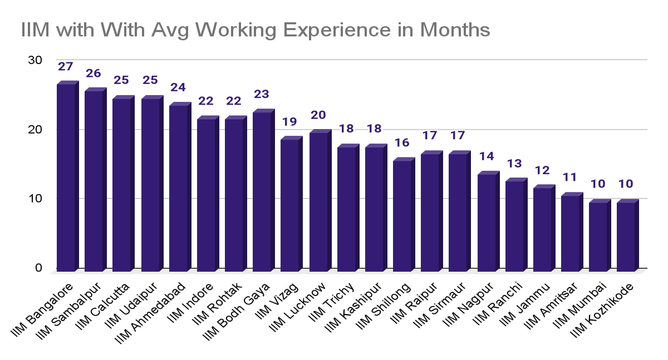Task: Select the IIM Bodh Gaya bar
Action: coord(262,191)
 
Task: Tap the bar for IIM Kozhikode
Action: coord(625,236)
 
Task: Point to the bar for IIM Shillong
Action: coord(402,215)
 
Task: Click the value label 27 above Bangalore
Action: coord(66,67)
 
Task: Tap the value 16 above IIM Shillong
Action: coord(402,142)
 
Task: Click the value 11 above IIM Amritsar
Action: coord(571,177)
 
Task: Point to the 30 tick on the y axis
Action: coord(35,60)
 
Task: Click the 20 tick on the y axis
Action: coord(35,129)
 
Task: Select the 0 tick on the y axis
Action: coord(38,268)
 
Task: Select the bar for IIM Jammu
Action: coord(542,229)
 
